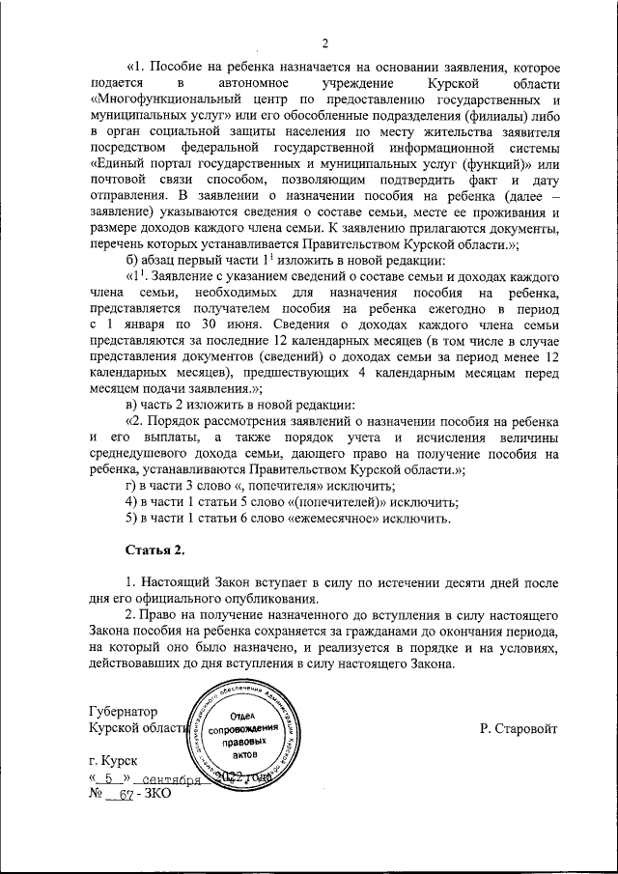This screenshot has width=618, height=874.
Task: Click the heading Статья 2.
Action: pyautogui.click(x=154, y=550)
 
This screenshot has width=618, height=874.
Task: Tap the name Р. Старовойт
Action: pyautogui.click(x=518, y=726)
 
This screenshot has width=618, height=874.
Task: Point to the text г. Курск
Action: pyautogui.click(x=113, y=762)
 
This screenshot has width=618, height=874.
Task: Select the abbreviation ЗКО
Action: pyautogui.click(x=156, y=794)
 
